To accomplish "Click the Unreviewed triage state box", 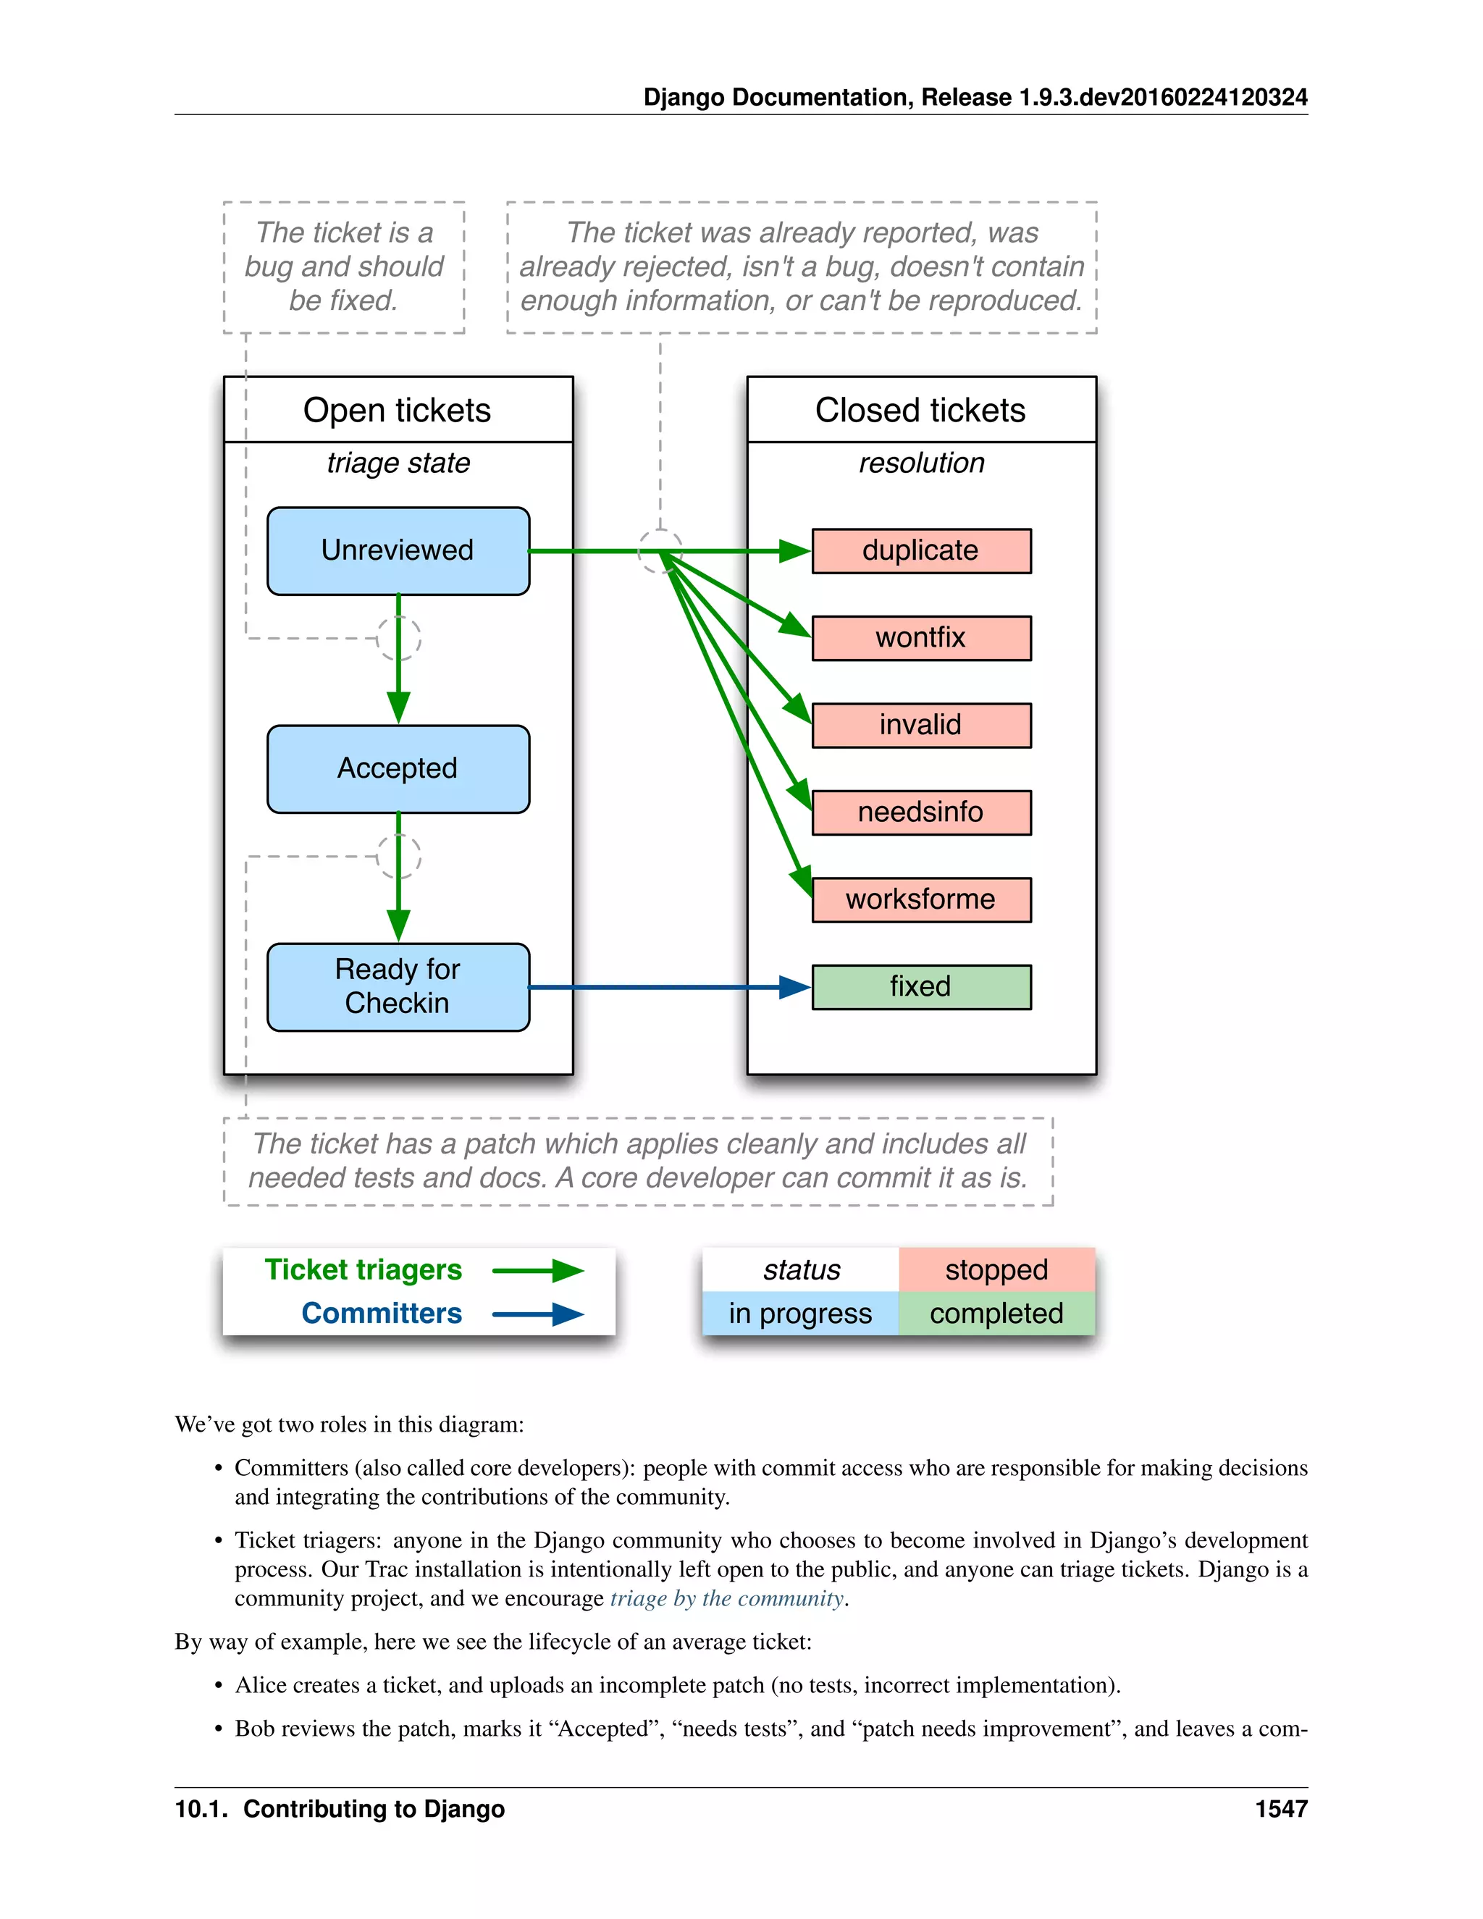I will coord(398,551).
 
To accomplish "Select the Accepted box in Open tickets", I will coord(398,769).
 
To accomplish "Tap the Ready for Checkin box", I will coord(398,987).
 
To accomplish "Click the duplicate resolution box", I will coord(921,551).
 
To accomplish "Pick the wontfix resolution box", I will coord(921,638).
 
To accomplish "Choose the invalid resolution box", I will coord(921,725).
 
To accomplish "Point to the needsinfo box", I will coord(921,812).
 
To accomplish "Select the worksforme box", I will coord(921,899).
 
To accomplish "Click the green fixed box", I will coord(921,987).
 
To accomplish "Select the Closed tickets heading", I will coord(921,411).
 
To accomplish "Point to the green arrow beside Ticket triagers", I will coord(538,1271).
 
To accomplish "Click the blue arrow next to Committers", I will coord(538,1314).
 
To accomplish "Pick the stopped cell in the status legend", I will coord(996,1269).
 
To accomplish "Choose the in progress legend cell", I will coord(799,1314).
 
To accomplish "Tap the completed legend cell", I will coord(996,1314).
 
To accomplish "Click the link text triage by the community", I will coord(726,1598).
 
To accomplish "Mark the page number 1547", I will coord(1281,1809).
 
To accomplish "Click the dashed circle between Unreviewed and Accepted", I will coord(399,638).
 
